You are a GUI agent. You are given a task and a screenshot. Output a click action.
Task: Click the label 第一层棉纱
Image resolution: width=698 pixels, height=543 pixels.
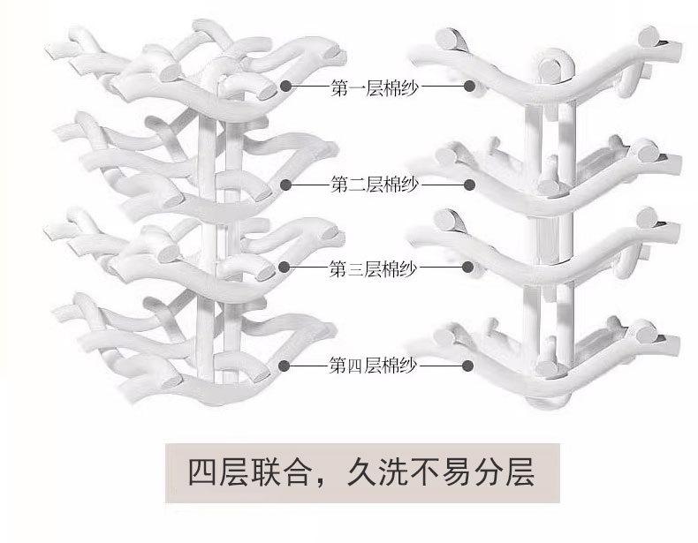click(375, 87)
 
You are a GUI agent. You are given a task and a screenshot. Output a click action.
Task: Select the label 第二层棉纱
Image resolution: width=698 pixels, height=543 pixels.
click(375, 185)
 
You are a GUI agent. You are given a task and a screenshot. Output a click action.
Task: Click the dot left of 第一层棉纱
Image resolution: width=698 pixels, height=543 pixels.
click(286, 86)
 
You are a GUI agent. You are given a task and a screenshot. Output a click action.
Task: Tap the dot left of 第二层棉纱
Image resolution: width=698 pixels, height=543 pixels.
click(286, 185)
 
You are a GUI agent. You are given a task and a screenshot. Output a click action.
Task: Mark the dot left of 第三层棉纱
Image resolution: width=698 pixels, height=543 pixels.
click(285, 266)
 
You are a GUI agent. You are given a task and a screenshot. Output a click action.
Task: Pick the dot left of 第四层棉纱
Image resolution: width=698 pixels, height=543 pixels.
click(285, 364)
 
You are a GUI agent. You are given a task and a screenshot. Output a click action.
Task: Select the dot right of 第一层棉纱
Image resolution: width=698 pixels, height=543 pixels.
click(469, 87)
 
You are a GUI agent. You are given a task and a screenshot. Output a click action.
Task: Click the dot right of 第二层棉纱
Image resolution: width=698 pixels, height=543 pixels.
click(469, 185)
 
